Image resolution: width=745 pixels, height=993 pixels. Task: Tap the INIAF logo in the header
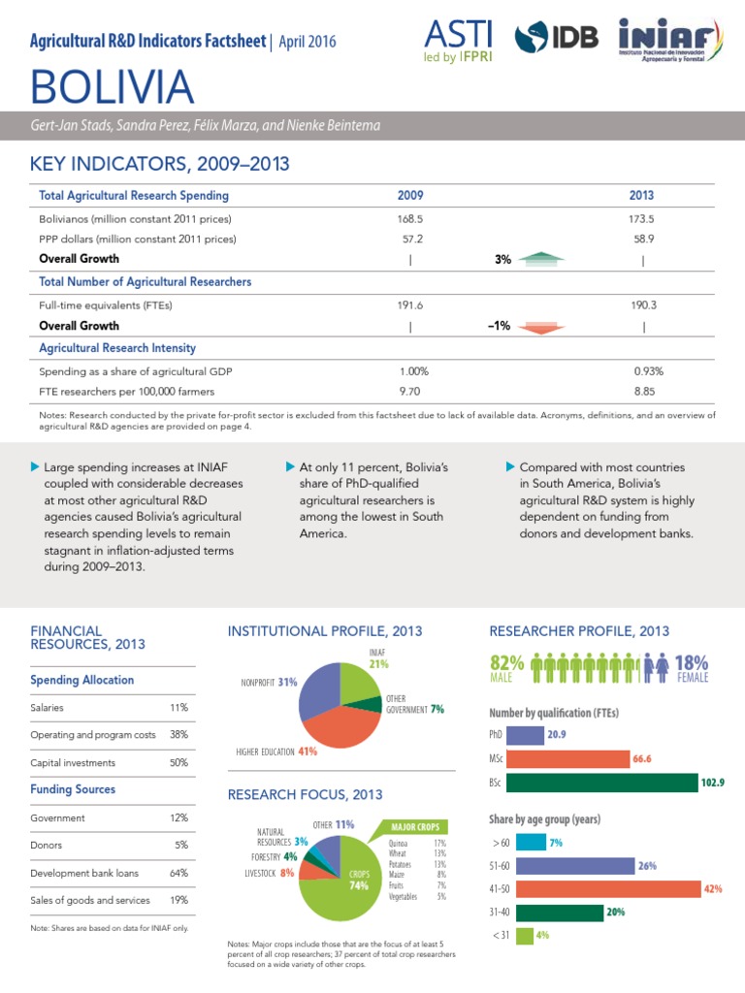pyautogui.click(x=669, y=44)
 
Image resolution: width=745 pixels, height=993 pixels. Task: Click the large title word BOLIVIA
pyautogui.click(x=113, y=88)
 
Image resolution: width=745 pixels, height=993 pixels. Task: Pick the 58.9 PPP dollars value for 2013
pyautogui.click(x=643, y=239)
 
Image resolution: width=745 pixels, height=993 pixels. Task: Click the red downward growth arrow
pyautogui.click(x=541, y=327)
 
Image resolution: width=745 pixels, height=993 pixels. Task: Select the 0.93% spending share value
pyautogui.click(x=648, y=371)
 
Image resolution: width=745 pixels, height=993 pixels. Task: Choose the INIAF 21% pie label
pyautogui.click(x=378, y=658)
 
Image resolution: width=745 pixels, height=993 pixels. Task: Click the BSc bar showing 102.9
pyautogui.click(x=601, y=782)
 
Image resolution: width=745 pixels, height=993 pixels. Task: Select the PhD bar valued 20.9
pyautogui.click(x=525, y=735)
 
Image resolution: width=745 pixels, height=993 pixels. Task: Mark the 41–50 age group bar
pyautogui.click(x=602, y=888)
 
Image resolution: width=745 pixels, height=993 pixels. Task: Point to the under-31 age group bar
pyautogui.click(x=524, y=936)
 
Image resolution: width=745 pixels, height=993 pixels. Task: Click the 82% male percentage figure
pyautogui.click(x=508, y=662)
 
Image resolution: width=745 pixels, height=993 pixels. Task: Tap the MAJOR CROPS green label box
pyautogui.click(x=415, y=826)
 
